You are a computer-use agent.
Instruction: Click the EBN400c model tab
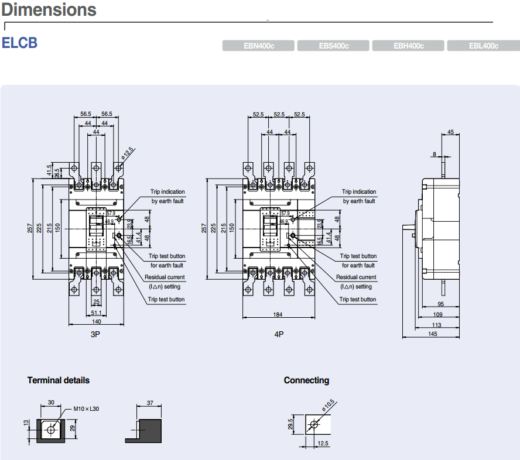click(259, 46)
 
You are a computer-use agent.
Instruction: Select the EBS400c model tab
click(334, 46)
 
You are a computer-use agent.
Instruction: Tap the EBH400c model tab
click(409, 46)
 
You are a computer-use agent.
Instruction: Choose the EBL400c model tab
click(483, 46)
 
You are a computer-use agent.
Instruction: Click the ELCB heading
click(19, 43)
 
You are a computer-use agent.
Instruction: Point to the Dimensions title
click(49, 10)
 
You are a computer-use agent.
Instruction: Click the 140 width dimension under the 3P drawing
click(97, 321)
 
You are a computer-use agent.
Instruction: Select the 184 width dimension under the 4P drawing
click(278, 315)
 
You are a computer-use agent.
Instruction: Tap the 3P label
click(96, 334)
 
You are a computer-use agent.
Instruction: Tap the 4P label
click(279, 334)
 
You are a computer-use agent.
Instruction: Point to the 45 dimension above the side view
click(450, 132)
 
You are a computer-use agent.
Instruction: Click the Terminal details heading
click(59, 380)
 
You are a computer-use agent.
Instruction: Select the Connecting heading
click(306, 380)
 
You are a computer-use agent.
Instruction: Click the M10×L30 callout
click(87, 408)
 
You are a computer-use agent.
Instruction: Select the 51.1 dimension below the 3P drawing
click(97, 313)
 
